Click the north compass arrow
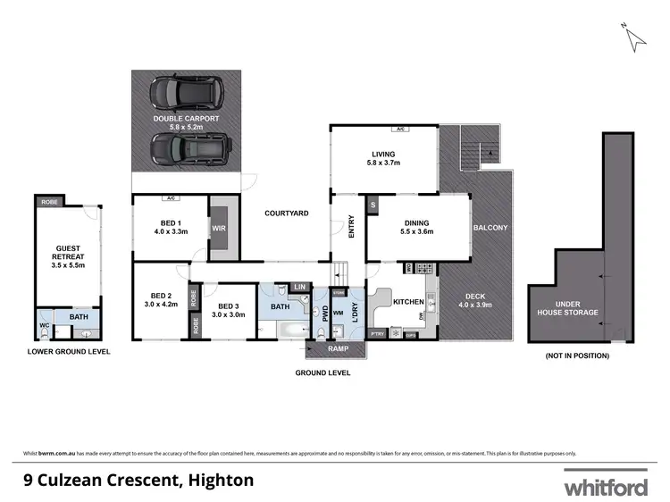635,37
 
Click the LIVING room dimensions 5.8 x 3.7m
383,163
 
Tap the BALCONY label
490,228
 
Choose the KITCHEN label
408,303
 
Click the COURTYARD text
286,213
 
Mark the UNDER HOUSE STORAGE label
568,308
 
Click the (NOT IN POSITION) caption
577,356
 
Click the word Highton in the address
220,480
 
